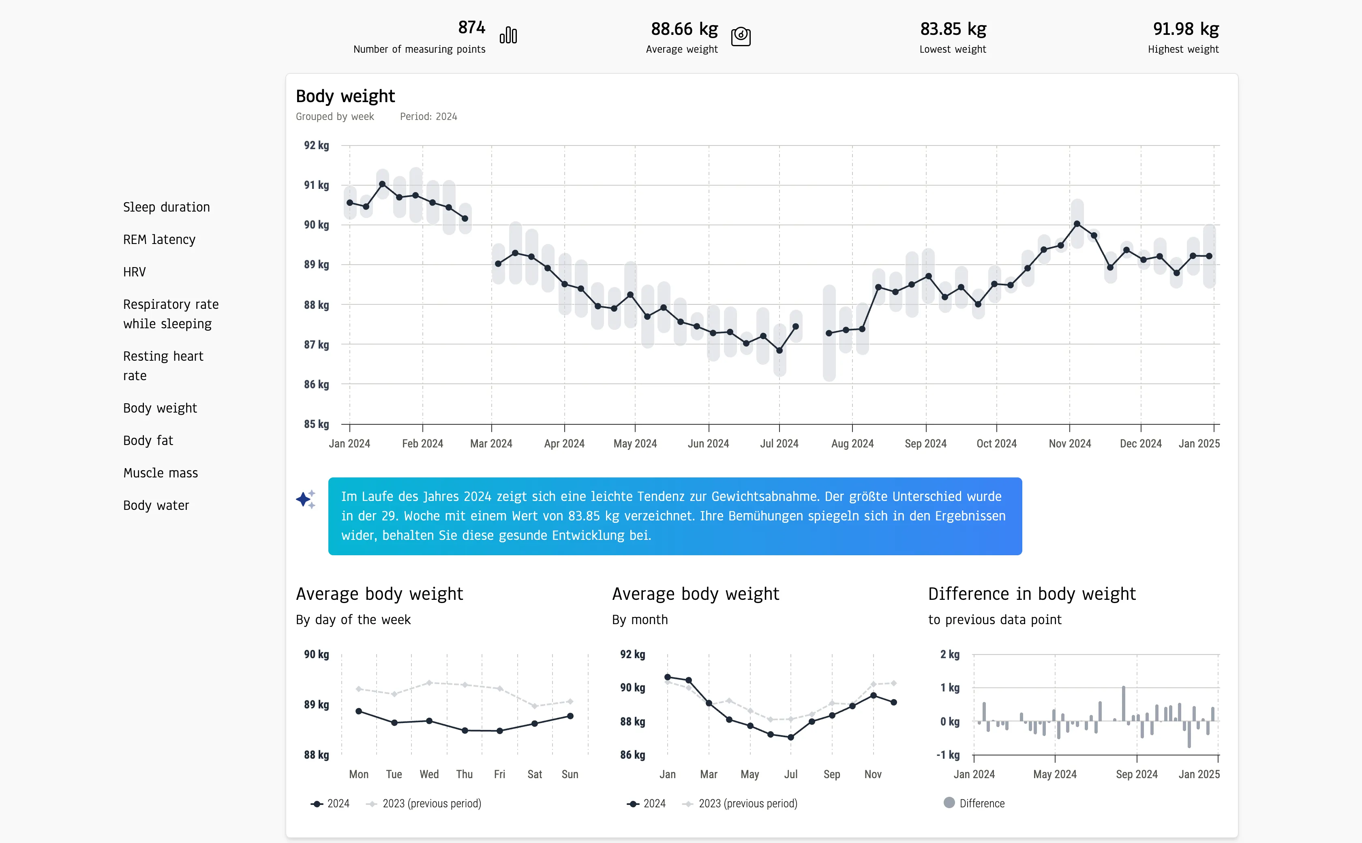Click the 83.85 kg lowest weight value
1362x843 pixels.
(953, 29)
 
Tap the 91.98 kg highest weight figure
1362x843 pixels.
(1185, 29)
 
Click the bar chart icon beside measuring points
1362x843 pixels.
(508, 36)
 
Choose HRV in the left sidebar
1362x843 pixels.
(134, 272)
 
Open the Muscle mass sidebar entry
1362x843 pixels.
(161, 473)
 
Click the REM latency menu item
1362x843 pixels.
(159, 240)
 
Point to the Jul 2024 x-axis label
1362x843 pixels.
(779, 444)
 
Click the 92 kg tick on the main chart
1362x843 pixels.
(316, 145)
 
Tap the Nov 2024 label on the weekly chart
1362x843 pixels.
(1069, 444)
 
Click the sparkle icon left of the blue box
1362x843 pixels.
(306, 499)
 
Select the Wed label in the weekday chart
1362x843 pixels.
(429, 775)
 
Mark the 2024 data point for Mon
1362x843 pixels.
(359, 711)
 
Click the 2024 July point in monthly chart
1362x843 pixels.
(790, 737)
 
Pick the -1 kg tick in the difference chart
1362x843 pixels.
(948, 755)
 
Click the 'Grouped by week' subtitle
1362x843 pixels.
(334, 117)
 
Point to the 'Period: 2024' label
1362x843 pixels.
(428, 117)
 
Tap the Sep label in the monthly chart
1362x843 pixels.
(831, 775)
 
